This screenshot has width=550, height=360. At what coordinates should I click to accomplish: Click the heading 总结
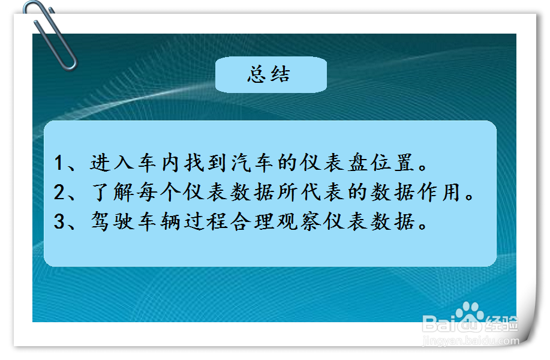270,74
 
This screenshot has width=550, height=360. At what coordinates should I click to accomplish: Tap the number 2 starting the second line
59,193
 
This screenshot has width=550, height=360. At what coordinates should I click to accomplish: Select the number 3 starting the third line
59,223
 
